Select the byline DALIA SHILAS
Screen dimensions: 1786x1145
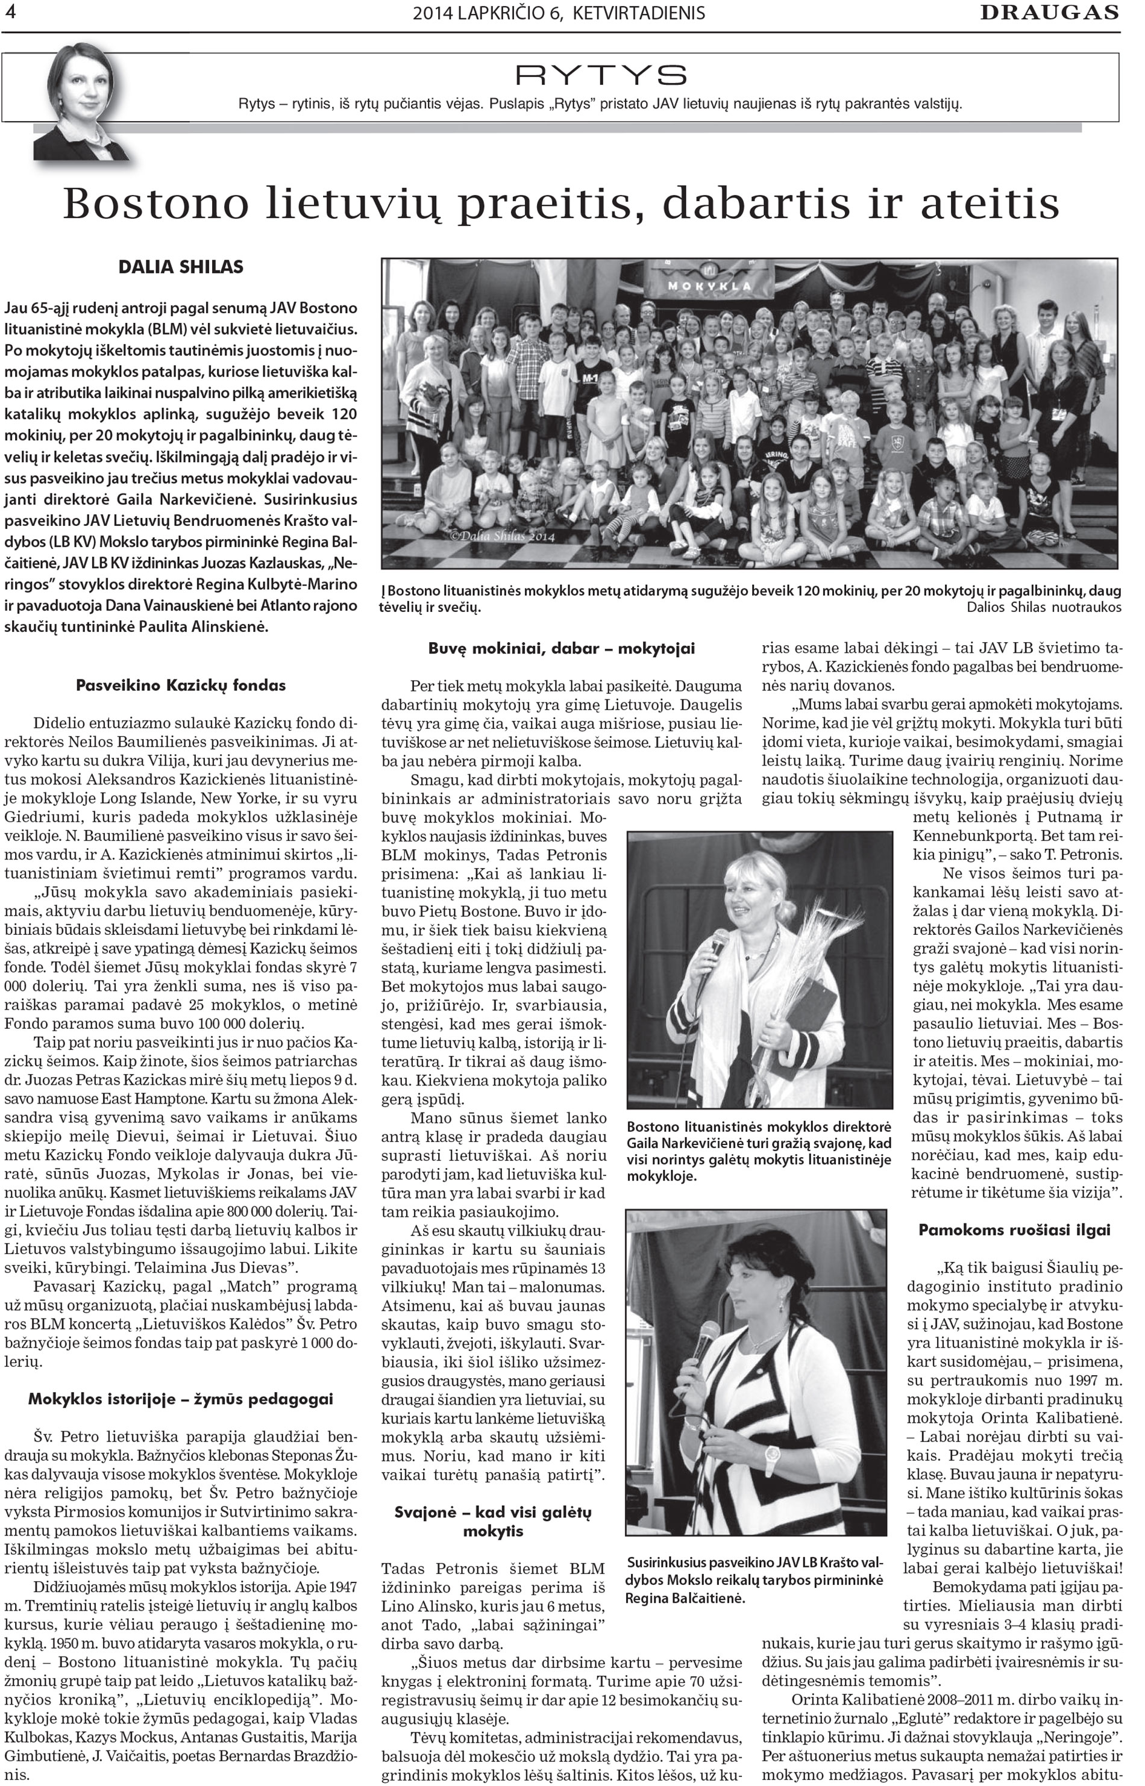[181, 267]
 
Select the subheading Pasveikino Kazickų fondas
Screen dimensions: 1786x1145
[181, 685]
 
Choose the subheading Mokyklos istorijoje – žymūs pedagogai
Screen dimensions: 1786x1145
[181, 1399]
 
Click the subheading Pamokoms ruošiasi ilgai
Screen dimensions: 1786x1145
[1014, 1229]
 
